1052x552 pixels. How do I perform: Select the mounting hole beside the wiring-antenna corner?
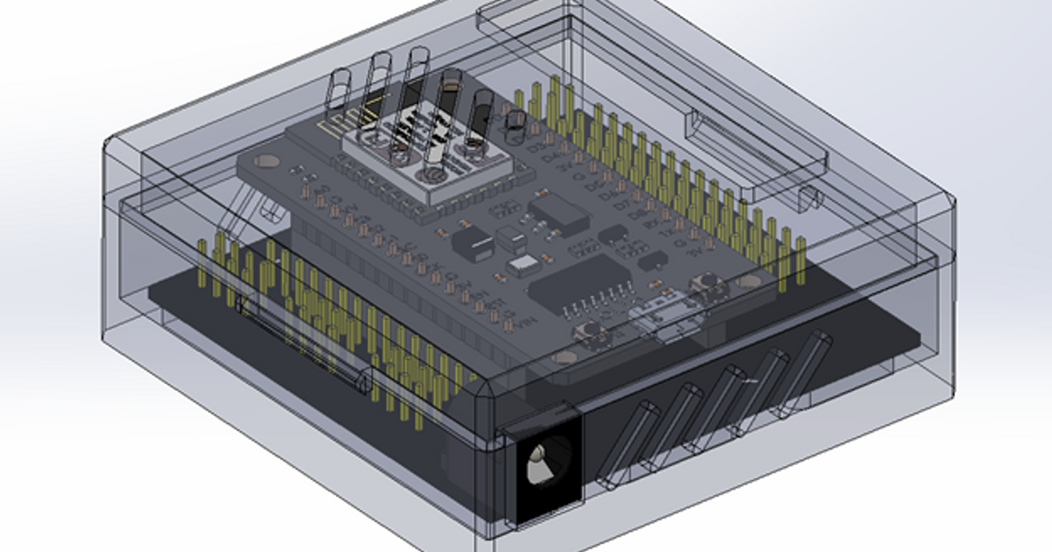(266, 163)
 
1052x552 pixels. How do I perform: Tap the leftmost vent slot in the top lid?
(339, 89)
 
